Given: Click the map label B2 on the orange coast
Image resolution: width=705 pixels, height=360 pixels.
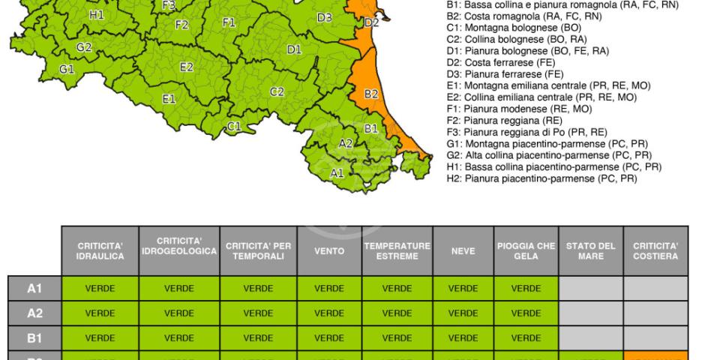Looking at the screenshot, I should point(370,94).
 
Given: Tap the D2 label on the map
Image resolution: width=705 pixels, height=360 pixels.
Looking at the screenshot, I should point(371,22).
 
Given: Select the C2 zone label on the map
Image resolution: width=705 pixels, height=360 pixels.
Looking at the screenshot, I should point(277,91).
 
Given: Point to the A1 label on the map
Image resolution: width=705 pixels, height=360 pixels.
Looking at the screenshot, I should point(337,172).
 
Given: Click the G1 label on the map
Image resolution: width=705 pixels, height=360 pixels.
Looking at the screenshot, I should point(67,70).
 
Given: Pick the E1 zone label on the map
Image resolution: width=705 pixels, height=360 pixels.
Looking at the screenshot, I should point(169,98).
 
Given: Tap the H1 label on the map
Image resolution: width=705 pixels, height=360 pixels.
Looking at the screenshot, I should point(96,14).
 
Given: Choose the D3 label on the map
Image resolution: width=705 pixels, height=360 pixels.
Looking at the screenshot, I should point(324,17).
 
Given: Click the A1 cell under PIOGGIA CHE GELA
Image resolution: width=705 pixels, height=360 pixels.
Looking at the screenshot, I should point(526,289).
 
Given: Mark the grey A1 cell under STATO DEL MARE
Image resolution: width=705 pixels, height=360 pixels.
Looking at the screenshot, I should point(591,289).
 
